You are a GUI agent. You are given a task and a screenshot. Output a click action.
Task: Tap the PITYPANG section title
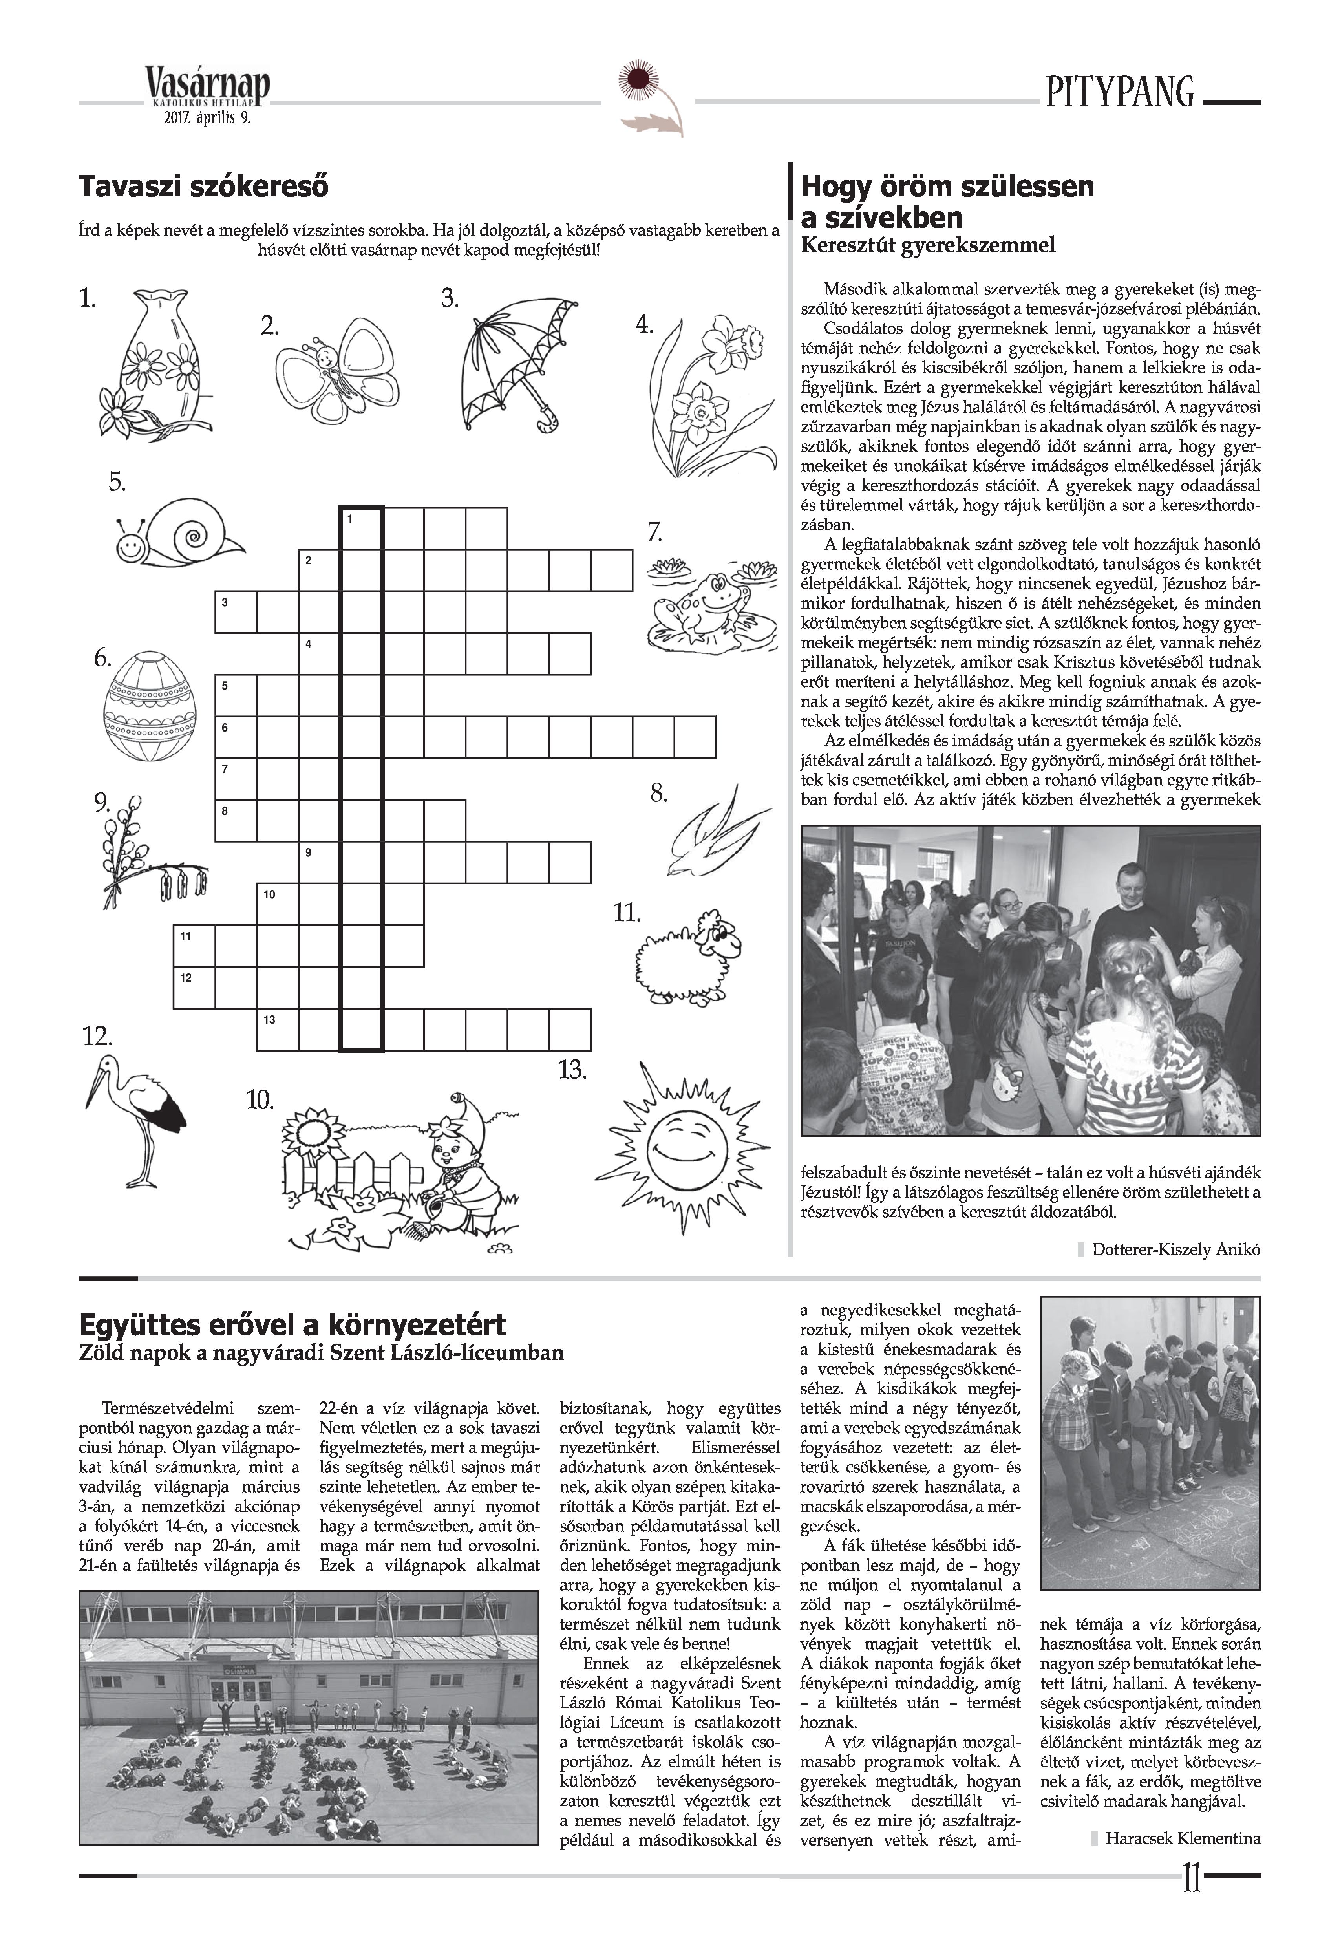[1119, 92]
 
